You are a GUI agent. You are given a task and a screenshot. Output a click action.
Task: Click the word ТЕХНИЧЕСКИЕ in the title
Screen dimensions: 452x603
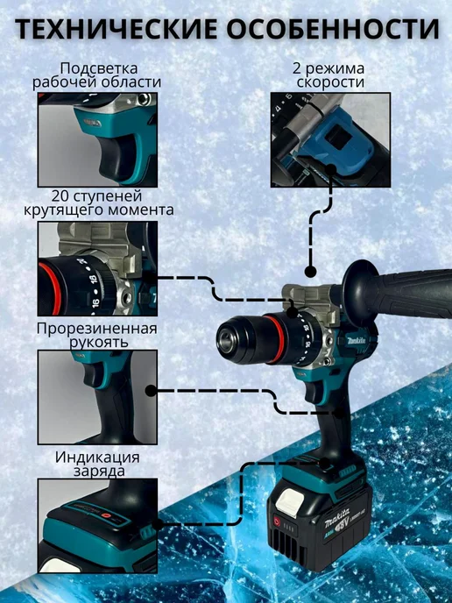click(116, 28)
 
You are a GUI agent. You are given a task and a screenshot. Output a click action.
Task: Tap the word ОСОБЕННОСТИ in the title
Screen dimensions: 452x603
click(333, 28)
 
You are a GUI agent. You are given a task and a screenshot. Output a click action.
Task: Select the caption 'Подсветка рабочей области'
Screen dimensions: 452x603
click(96, 75)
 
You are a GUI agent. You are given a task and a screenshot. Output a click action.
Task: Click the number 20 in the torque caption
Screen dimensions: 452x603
click(60, 196)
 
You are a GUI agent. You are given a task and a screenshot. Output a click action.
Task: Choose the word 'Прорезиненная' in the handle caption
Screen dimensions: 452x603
click(97, 329)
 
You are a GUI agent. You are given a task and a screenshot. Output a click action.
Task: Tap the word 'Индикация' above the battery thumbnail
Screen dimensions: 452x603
click(97, 458)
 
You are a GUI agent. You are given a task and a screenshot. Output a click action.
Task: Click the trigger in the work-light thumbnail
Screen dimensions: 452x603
click(117, 158)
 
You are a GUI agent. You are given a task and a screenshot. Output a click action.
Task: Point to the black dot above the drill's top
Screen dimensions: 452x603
click(310, 272)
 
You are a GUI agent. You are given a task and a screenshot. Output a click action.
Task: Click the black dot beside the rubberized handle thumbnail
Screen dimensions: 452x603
click(151, 391)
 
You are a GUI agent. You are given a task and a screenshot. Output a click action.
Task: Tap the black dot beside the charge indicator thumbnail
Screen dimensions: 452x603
click(158, 524)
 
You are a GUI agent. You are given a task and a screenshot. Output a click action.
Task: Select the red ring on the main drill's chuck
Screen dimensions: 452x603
click(275, 338)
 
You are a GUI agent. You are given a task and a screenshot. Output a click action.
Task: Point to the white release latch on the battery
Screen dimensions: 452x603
click(290, 502)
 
